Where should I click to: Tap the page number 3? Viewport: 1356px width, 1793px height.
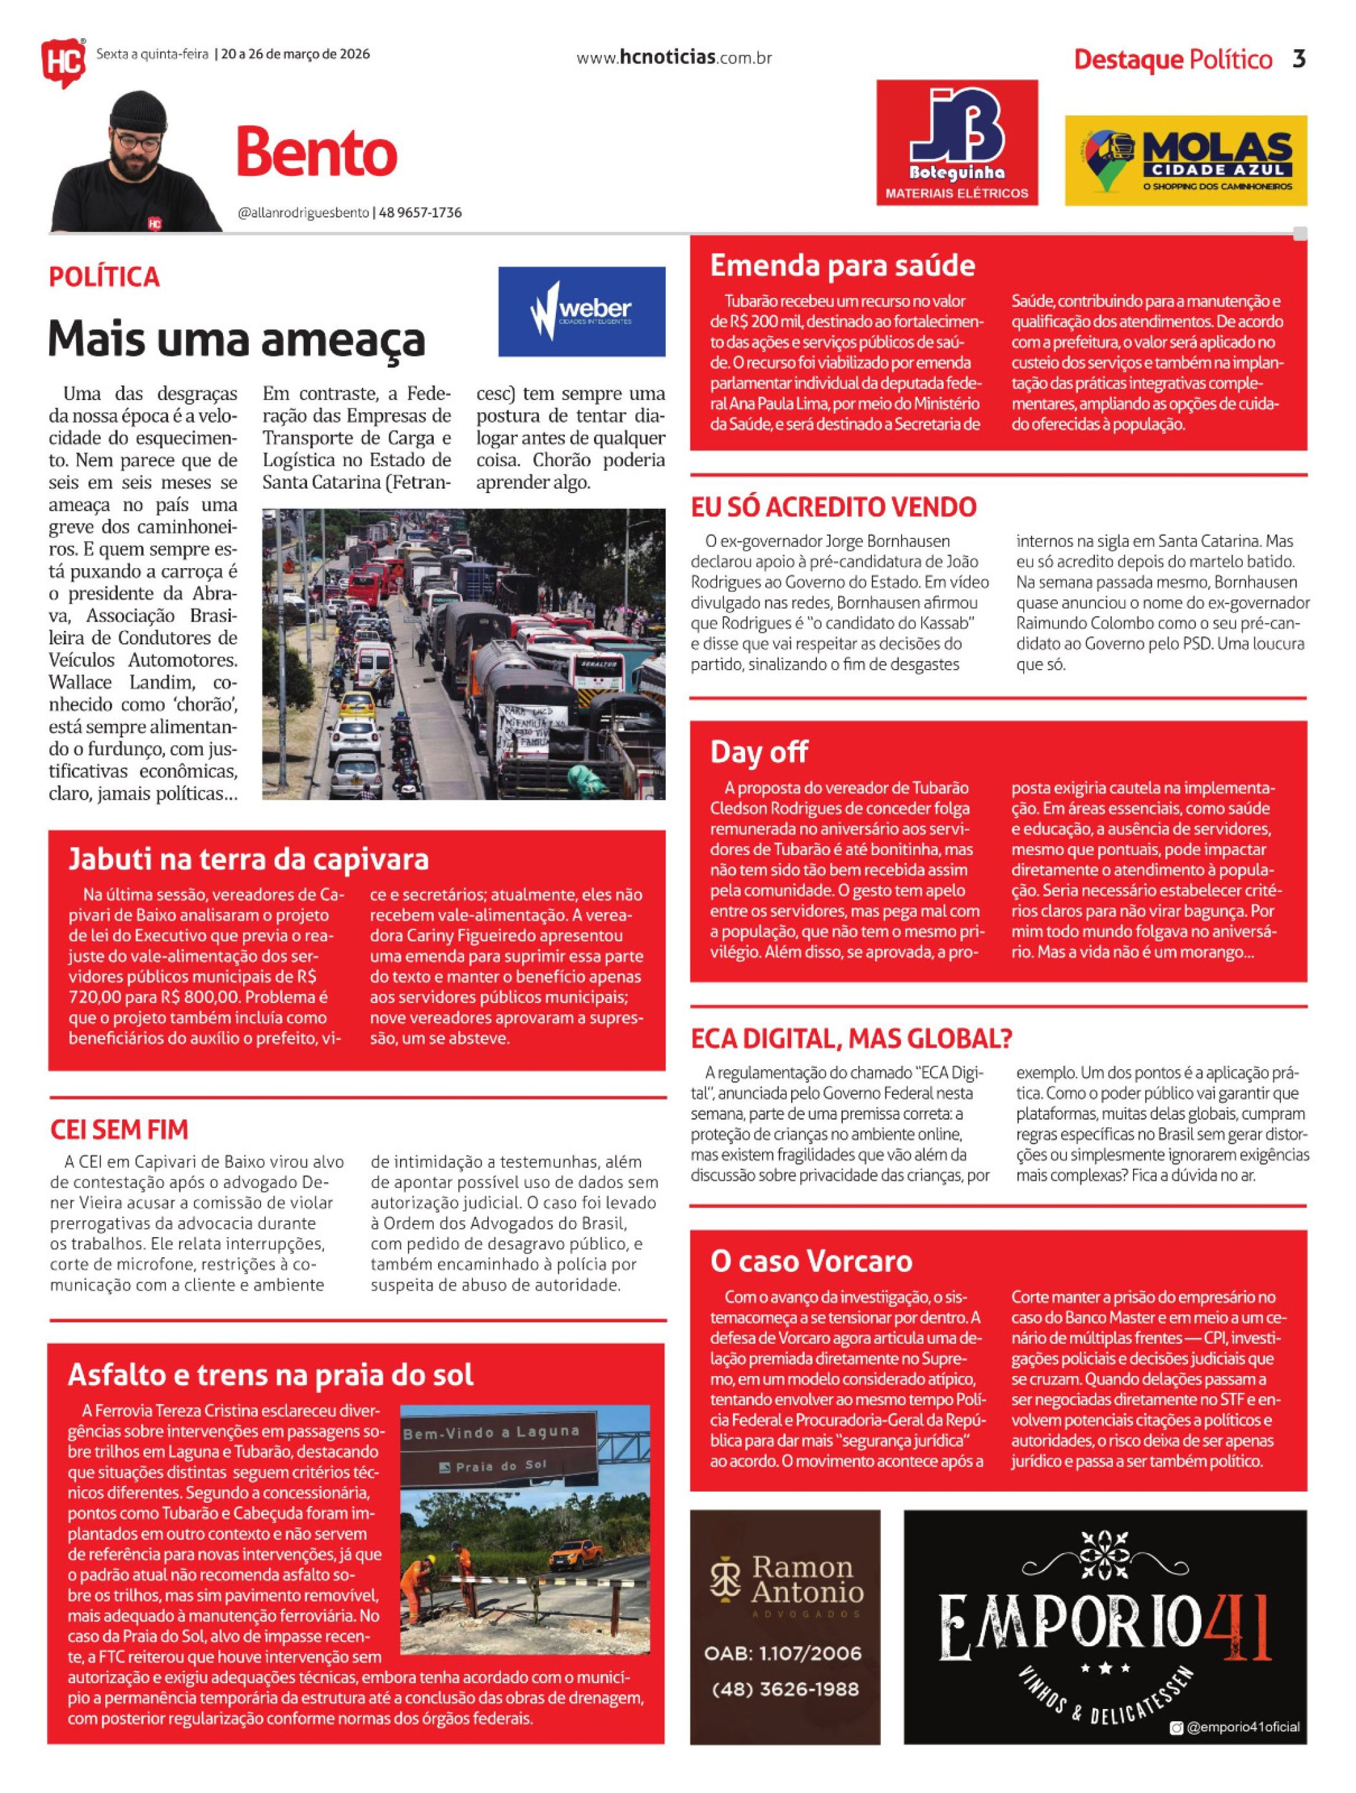1298,59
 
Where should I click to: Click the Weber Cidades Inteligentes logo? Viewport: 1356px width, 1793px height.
581,312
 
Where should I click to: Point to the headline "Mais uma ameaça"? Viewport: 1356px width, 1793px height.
236,339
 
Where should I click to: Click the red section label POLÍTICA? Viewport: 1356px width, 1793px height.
104,277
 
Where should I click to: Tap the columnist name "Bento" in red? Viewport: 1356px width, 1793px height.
316,153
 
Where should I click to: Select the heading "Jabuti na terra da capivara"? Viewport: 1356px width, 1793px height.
248,858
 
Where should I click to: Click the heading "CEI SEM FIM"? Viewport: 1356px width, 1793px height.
119,1129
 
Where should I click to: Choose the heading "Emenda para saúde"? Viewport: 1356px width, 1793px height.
842,265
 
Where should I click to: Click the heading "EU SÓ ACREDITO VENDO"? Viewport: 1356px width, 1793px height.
833,507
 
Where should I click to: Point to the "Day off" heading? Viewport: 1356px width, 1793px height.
759,752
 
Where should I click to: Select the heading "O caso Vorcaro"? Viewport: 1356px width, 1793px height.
811,1261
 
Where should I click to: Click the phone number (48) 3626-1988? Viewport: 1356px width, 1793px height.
784,1689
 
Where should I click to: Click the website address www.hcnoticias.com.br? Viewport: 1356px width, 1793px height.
673,58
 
